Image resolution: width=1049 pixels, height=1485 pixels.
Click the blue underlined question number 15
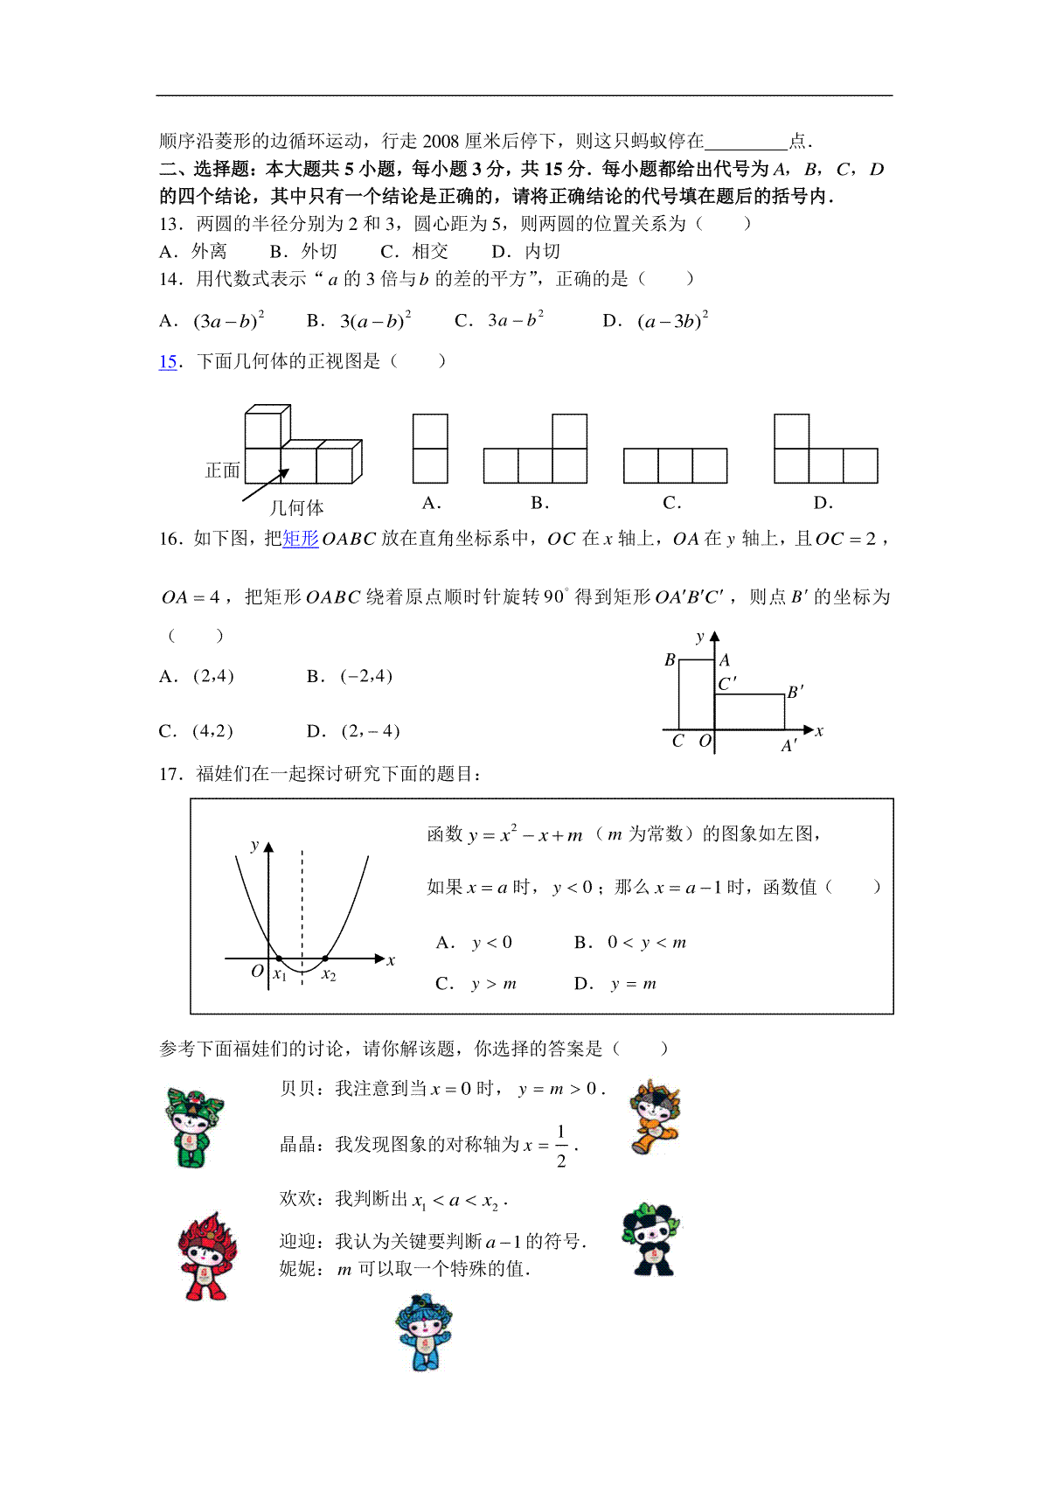click(x=168, y=362)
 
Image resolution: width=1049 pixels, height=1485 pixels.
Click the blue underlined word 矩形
click(x=301, y=539)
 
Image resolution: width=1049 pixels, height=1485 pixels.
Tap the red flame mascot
click(x=207, y=1257)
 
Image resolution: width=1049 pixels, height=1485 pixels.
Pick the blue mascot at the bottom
click(x=424, y=1332)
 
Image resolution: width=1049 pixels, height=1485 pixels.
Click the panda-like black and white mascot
click(x=651, y=1240)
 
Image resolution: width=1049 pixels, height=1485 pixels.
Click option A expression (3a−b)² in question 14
click(x=228, y=321)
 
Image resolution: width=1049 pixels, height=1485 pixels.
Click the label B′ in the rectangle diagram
click(x=795, y=692)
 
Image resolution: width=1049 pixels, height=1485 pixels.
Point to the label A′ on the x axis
click(x=788, y=746)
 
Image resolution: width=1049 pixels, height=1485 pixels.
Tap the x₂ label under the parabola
click(x=329, y=975)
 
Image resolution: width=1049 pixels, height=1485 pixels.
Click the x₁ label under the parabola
click(x=280, y=975)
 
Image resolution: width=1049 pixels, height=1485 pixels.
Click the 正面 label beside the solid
click(x=222, y=471)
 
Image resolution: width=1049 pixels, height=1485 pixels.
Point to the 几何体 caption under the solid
click(x=296, y=508)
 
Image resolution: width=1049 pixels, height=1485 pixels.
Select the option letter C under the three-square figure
click(x=671, y=503)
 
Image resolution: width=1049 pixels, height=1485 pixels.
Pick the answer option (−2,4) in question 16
click(x=366, y=676)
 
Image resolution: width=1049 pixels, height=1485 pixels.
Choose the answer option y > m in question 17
click(x=494, y=984)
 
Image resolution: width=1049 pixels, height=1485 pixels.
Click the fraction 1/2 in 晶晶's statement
click(x=561, y=1146)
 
